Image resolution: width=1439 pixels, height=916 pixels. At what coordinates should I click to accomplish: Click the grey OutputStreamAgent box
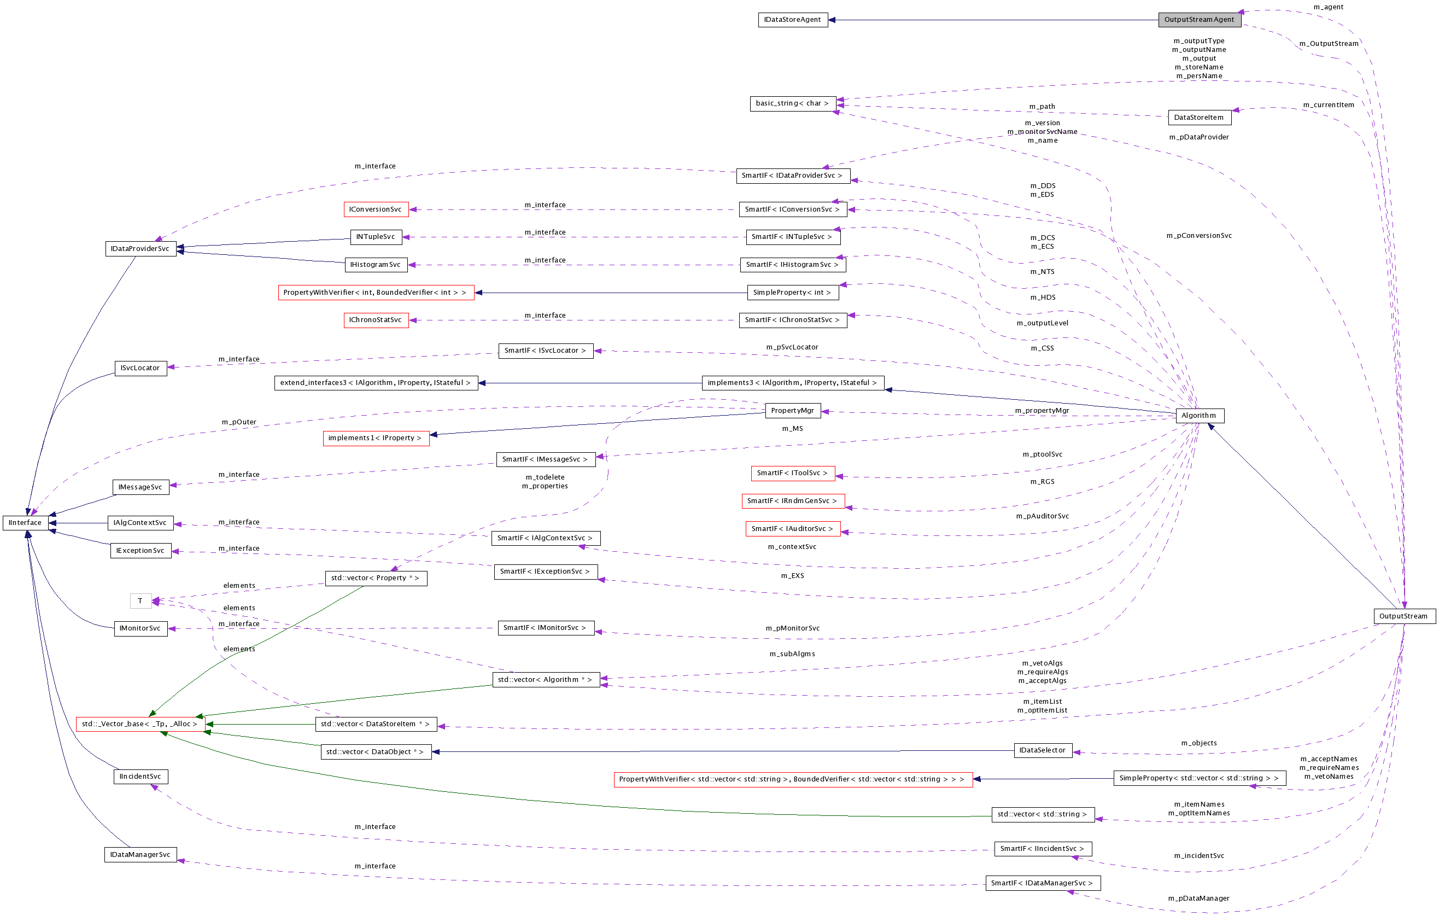pos(1199,20)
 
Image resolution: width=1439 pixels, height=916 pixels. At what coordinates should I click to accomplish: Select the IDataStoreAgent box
pos(792,20)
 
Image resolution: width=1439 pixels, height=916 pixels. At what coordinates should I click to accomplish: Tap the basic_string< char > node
pos(792,103)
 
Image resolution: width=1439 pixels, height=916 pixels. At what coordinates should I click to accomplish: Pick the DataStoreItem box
pos(1199,118)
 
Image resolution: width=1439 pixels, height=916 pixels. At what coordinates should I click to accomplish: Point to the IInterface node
pos(25,523)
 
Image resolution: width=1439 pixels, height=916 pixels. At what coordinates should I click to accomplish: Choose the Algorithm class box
pos(1199,416)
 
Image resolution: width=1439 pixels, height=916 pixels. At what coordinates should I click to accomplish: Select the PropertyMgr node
pos(792,411)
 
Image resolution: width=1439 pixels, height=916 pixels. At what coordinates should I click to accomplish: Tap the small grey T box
pos(141,601)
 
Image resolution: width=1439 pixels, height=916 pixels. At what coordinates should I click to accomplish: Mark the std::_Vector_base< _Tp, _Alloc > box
pos(140,724)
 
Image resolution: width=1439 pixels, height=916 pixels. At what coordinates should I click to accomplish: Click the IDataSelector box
pos(1042,750)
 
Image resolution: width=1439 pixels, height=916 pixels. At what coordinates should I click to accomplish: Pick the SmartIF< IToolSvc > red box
pos(792,473)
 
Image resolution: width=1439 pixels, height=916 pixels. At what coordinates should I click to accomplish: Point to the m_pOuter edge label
pos(239,422)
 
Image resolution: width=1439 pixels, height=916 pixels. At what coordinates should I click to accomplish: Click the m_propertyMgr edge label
pos(1042,411)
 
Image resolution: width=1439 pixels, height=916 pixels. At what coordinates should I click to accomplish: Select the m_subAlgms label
pos(792,654)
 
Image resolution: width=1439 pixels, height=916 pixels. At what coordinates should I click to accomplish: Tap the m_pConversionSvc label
pos(1199,236)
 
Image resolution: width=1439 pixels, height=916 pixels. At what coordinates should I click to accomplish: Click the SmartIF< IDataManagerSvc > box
pos(1042,883)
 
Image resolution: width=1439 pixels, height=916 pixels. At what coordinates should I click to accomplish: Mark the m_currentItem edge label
pos(1329,105)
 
